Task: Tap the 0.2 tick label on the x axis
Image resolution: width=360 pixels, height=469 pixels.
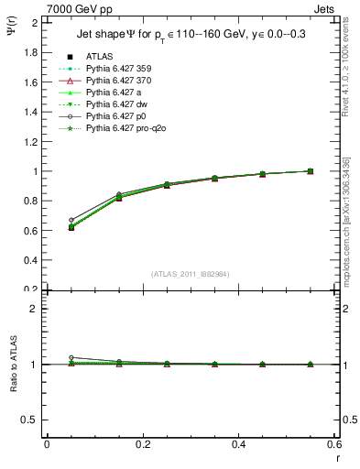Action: [142, 444]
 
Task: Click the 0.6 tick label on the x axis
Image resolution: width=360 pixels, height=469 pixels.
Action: [333, 444]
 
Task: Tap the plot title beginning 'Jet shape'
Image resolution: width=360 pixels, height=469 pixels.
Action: [190, 36]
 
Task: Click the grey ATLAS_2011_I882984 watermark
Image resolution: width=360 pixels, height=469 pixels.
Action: [190, 274]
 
